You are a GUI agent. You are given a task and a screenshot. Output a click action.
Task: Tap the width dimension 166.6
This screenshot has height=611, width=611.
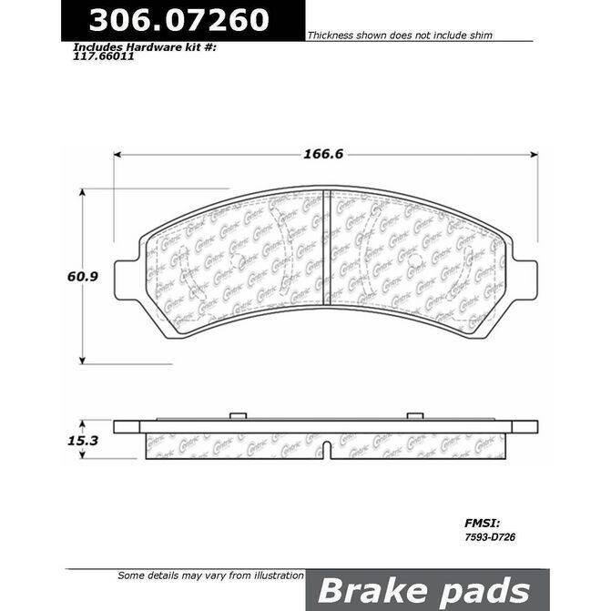(x=324, y=154)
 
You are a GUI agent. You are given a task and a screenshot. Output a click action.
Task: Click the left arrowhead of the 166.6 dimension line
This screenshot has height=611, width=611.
(x=118, y=154)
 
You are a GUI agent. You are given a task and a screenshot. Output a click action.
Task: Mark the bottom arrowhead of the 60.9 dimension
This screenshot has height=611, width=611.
(x=84, y=360)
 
